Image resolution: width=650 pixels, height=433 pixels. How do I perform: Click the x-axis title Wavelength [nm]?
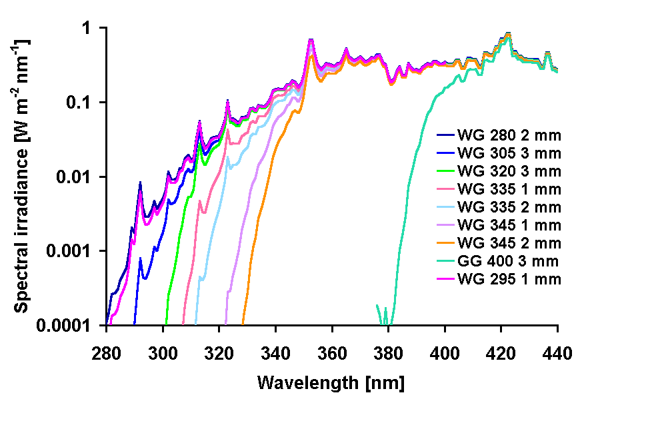coord(331,383)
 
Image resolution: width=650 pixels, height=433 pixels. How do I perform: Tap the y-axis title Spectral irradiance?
coord(22,175)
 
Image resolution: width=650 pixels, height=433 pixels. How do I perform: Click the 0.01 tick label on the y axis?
coord(83,177)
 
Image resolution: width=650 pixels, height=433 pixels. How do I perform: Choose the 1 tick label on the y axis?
coord(95,29)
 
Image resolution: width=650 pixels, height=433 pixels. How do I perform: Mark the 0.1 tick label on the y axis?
coord(87,103)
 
